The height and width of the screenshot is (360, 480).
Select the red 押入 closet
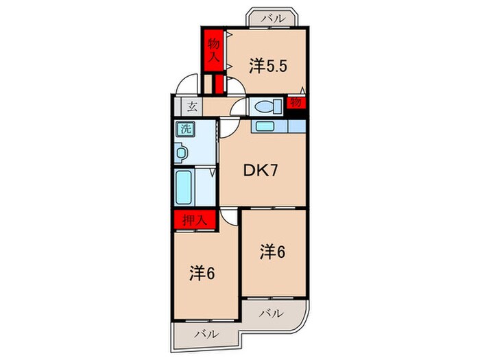tap(195, 220)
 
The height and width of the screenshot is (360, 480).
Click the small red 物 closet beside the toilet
tap(296, 103)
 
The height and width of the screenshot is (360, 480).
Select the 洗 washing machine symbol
tap(185, 128)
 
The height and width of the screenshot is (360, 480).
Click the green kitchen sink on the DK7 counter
tap(263, 126)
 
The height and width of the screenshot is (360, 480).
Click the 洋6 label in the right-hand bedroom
tap(272, 252)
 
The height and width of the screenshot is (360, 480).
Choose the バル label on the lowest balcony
tap(205, 335)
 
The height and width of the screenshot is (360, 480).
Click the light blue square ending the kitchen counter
tap(296, 126)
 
